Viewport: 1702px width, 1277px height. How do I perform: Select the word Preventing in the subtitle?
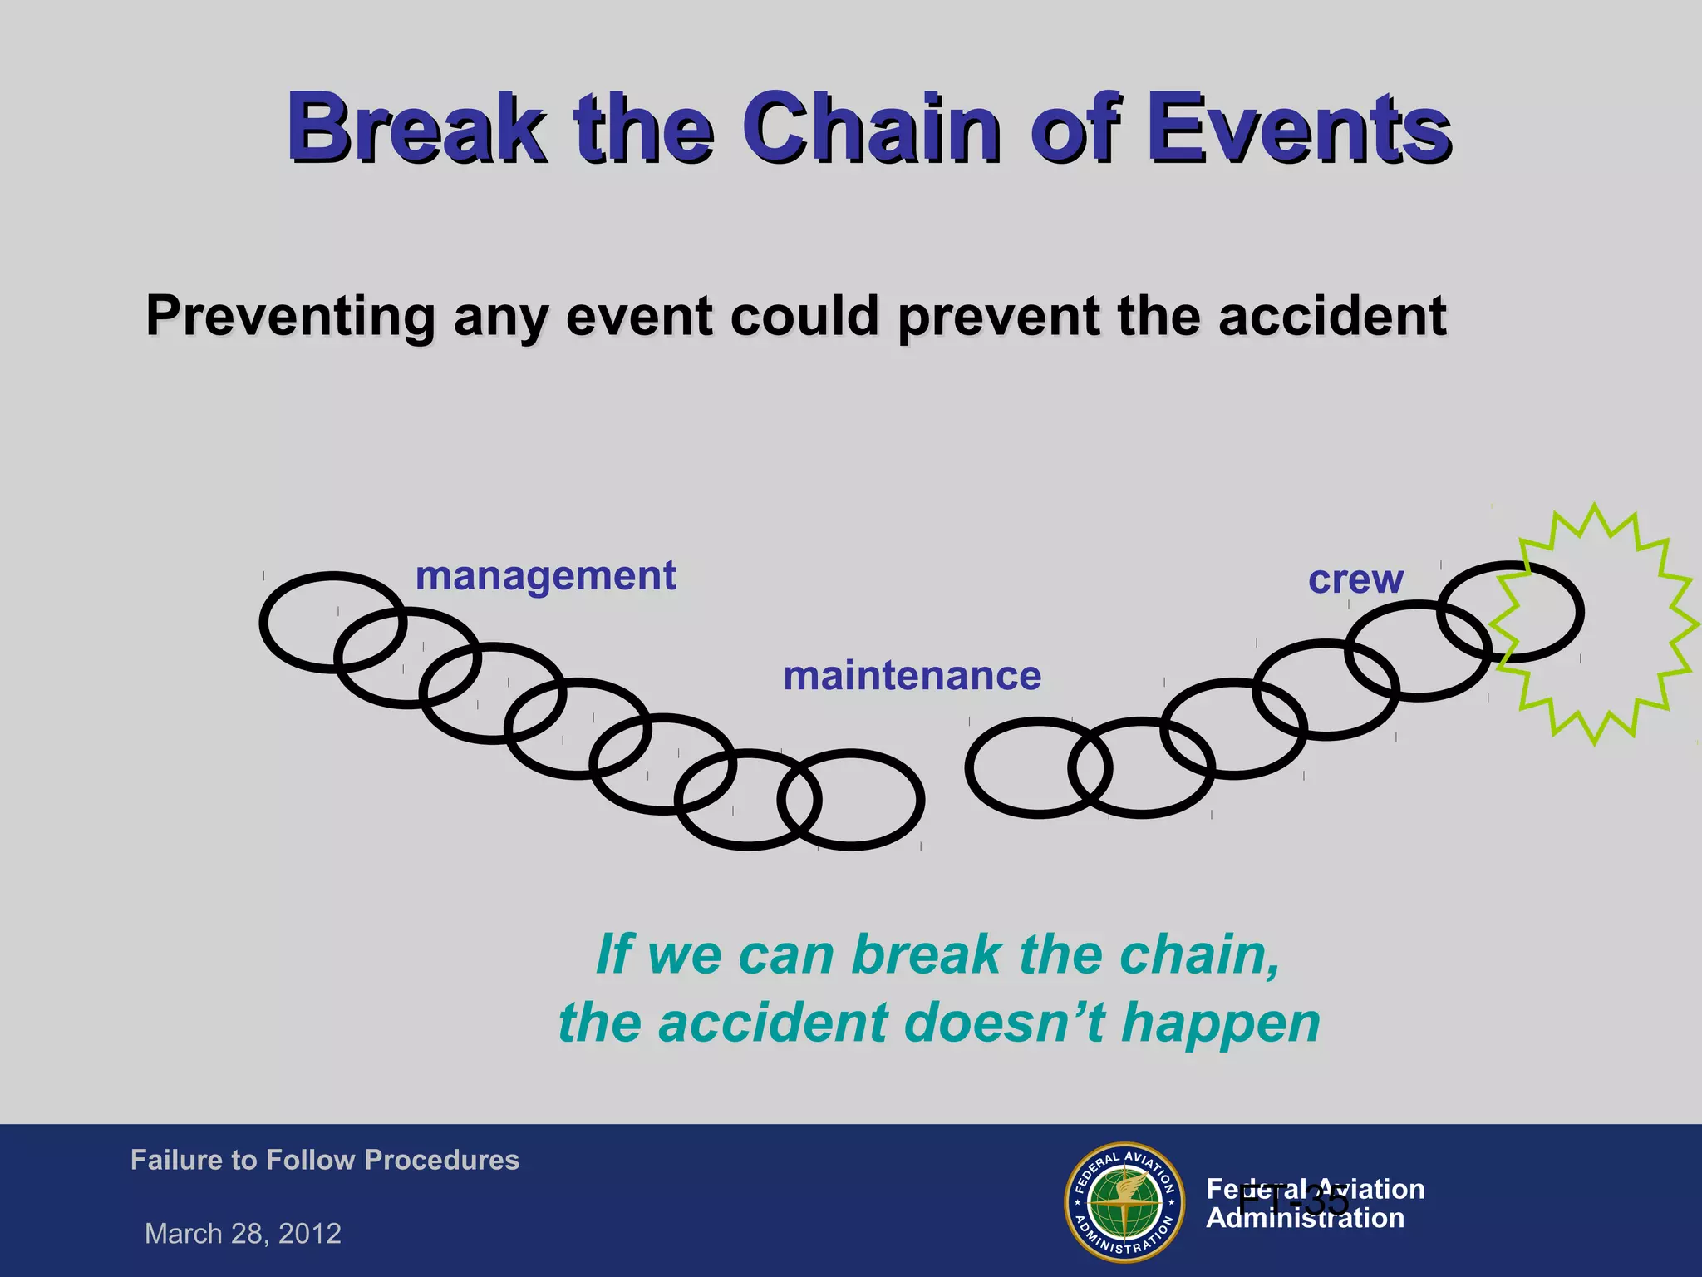[x=289, y=317]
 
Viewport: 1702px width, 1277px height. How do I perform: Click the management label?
[x=546, y=576]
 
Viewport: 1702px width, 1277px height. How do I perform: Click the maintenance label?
[x=912, y=676]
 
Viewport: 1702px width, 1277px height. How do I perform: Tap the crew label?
[x=1355, y=579]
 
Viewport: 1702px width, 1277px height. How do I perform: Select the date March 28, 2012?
[x=243, y=1234]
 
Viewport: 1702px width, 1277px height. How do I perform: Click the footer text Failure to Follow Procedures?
[x=324, y=1160]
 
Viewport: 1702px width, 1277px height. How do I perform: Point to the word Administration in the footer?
[x=1305, y=1219]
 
